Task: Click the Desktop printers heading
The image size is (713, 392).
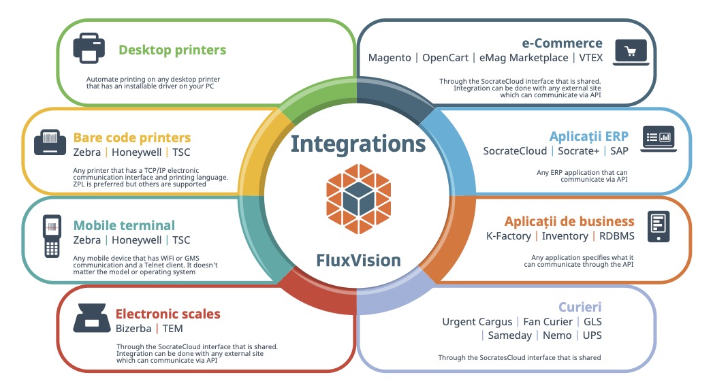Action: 172,50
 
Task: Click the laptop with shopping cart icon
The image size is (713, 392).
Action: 631,52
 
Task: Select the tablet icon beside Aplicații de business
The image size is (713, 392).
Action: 659,227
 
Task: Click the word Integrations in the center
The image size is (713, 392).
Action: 358,144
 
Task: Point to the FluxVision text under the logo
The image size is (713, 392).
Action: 358,260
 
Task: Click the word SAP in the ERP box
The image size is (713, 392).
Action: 619,150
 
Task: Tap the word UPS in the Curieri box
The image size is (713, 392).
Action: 592,336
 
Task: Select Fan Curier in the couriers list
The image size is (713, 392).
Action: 550,321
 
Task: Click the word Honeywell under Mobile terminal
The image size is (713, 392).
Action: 137,240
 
